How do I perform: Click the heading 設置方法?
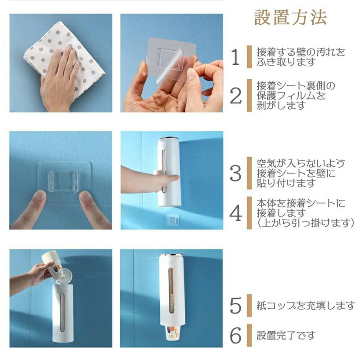[290, 18]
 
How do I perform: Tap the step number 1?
[235, 57]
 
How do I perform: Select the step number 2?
[235, 96]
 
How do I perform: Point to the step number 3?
[235, 173]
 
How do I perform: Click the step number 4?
[235, 213]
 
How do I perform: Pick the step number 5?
[235, 306]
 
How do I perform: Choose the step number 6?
[235, 335]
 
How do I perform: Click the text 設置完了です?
[286, 335]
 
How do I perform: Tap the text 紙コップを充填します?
[306, 306]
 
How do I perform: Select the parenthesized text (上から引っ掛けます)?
[306, 223]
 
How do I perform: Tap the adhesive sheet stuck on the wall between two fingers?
[64, 181]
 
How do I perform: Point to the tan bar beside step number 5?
[249, 306]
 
